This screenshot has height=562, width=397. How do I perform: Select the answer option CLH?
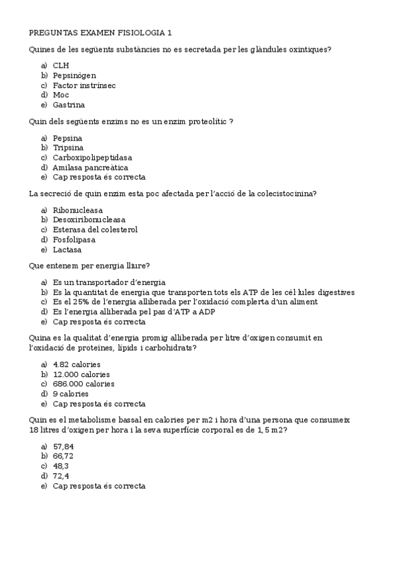coord(61,65)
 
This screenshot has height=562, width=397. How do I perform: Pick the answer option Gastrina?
coord(69,105)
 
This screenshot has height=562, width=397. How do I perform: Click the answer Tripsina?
coord(68,148)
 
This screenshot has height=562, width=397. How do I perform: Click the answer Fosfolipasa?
coord(74,240)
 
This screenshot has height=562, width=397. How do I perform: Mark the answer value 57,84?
coord(64,447)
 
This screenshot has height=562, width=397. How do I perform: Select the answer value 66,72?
coord(64,456)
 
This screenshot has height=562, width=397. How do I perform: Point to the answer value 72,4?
coord(62,476)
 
